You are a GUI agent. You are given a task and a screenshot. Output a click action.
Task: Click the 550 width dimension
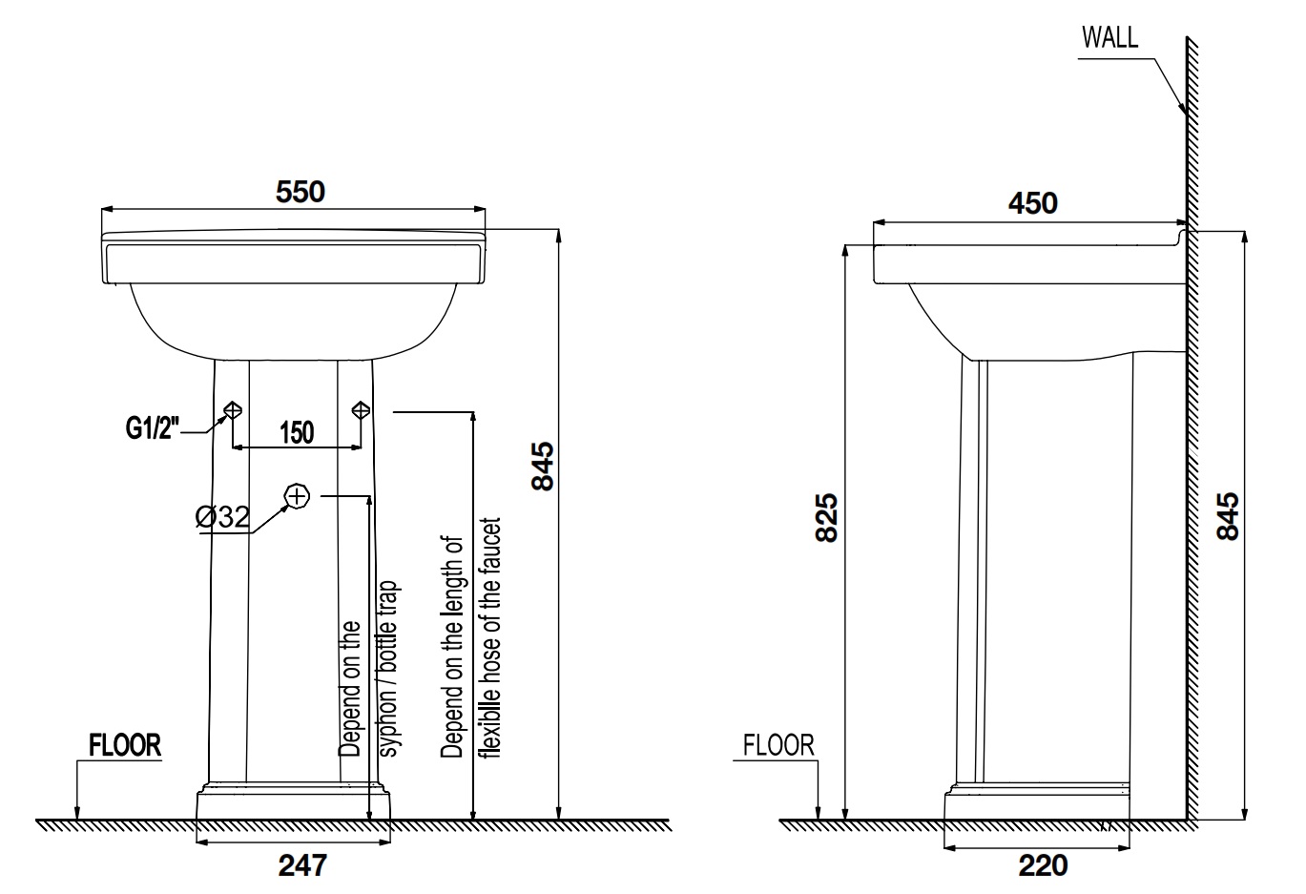click(x=301, y=192)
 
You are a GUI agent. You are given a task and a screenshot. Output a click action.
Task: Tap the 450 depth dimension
click(x=1033, y=203)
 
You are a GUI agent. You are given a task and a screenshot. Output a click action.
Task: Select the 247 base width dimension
click(x=302, y=865)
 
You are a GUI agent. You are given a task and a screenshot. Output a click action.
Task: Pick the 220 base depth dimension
click(x=1043, y=865)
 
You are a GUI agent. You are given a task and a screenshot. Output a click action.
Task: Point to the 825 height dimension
click(x=827, y=517)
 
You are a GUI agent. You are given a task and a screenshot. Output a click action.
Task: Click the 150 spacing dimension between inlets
click(x=297, y=432)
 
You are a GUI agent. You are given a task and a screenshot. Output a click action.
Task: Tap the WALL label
click(x=1109, y=37)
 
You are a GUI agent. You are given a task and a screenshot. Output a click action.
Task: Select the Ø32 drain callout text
click(x=222, y=518)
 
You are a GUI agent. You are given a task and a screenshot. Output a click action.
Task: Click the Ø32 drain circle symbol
click(x=298, y=495)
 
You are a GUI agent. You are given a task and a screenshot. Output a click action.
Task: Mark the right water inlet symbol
click(x=361, y=410)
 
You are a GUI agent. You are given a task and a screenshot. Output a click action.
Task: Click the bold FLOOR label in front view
click(x=125, y=745)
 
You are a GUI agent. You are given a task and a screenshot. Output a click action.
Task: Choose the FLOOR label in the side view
click(x=779, y=744)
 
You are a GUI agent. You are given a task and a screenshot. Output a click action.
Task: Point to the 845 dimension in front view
click(x=542, y=466)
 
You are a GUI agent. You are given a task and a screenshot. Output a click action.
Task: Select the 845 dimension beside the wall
click(x=1229, y=516)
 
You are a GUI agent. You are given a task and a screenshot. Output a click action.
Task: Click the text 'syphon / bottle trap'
click(x=390, y=668)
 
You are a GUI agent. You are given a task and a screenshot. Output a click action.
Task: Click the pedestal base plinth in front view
click(x=293, y=803)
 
